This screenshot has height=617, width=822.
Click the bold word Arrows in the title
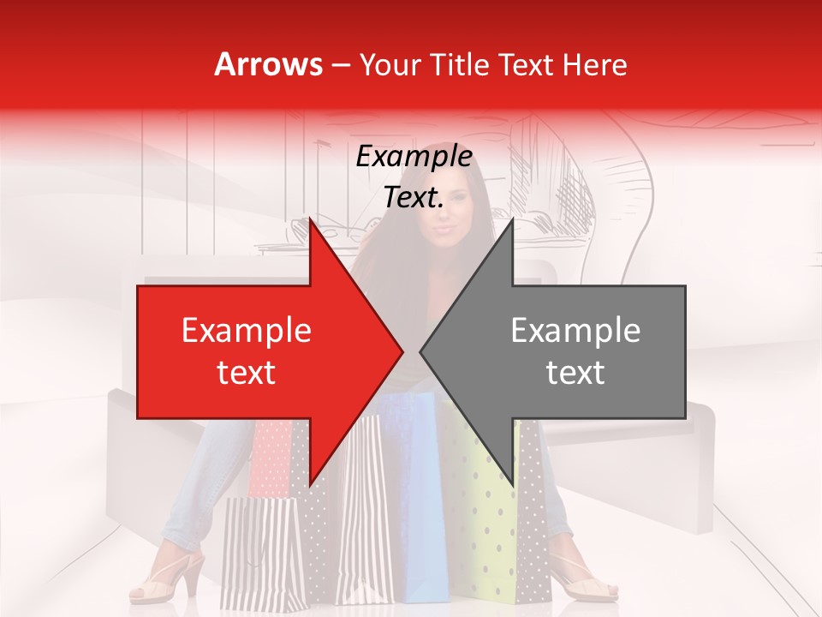pos(269,64)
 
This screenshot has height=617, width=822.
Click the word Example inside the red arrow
pos(247,331)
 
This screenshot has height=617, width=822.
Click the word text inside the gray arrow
pos(575,372)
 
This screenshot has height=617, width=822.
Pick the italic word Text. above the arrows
pos(414,198)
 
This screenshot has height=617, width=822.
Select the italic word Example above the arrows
pos(414,157)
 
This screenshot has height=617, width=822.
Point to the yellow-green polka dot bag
pos(490,523)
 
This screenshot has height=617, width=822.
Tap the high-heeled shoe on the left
pos(171,578)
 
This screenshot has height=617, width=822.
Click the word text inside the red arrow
pos(247,372)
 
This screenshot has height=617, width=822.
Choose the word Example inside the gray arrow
pos(575,331)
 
